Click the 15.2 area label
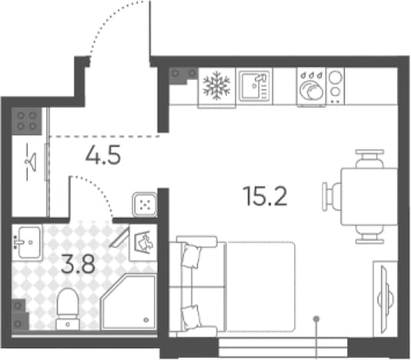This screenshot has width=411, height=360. click(265, 196)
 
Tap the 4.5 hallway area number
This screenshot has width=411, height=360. click(103, 155)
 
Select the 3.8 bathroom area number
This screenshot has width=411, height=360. click(78, 264)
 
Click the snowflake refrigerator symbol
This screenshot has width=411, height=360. click(216, 86)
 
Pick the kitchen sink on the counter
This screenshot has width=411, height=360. click(254, 86)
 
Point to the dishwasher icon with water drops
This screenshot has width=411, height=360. click(311, 87)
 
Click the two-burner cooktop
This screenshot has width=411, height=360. click(335, 86)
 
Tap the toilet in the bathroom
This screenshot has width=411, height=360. click(68, 309)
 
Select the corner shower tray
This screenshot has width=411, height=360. click(129, 302)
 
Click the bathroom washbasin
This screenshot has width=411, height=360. click(27, 242)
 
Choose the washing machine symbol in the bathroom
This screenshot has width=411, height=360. click(143, 242)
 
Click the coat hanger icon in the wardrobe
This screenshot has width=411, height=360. click(32, 162)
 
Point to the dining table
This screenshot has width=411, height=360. click(369, 196)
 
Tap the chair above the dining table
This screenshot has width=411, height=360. click(369, 158)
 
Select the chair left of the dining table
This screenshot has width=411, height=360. click(331, 196)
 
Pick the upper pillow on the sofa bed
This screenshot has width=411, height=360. click(192, 256)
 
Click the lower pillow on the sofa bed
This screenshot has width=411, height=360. click(191, 318)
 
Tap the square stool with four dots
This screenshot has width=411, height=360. click(145, 205)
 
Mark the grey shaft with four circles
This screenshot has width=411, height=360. click(26, 121)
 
